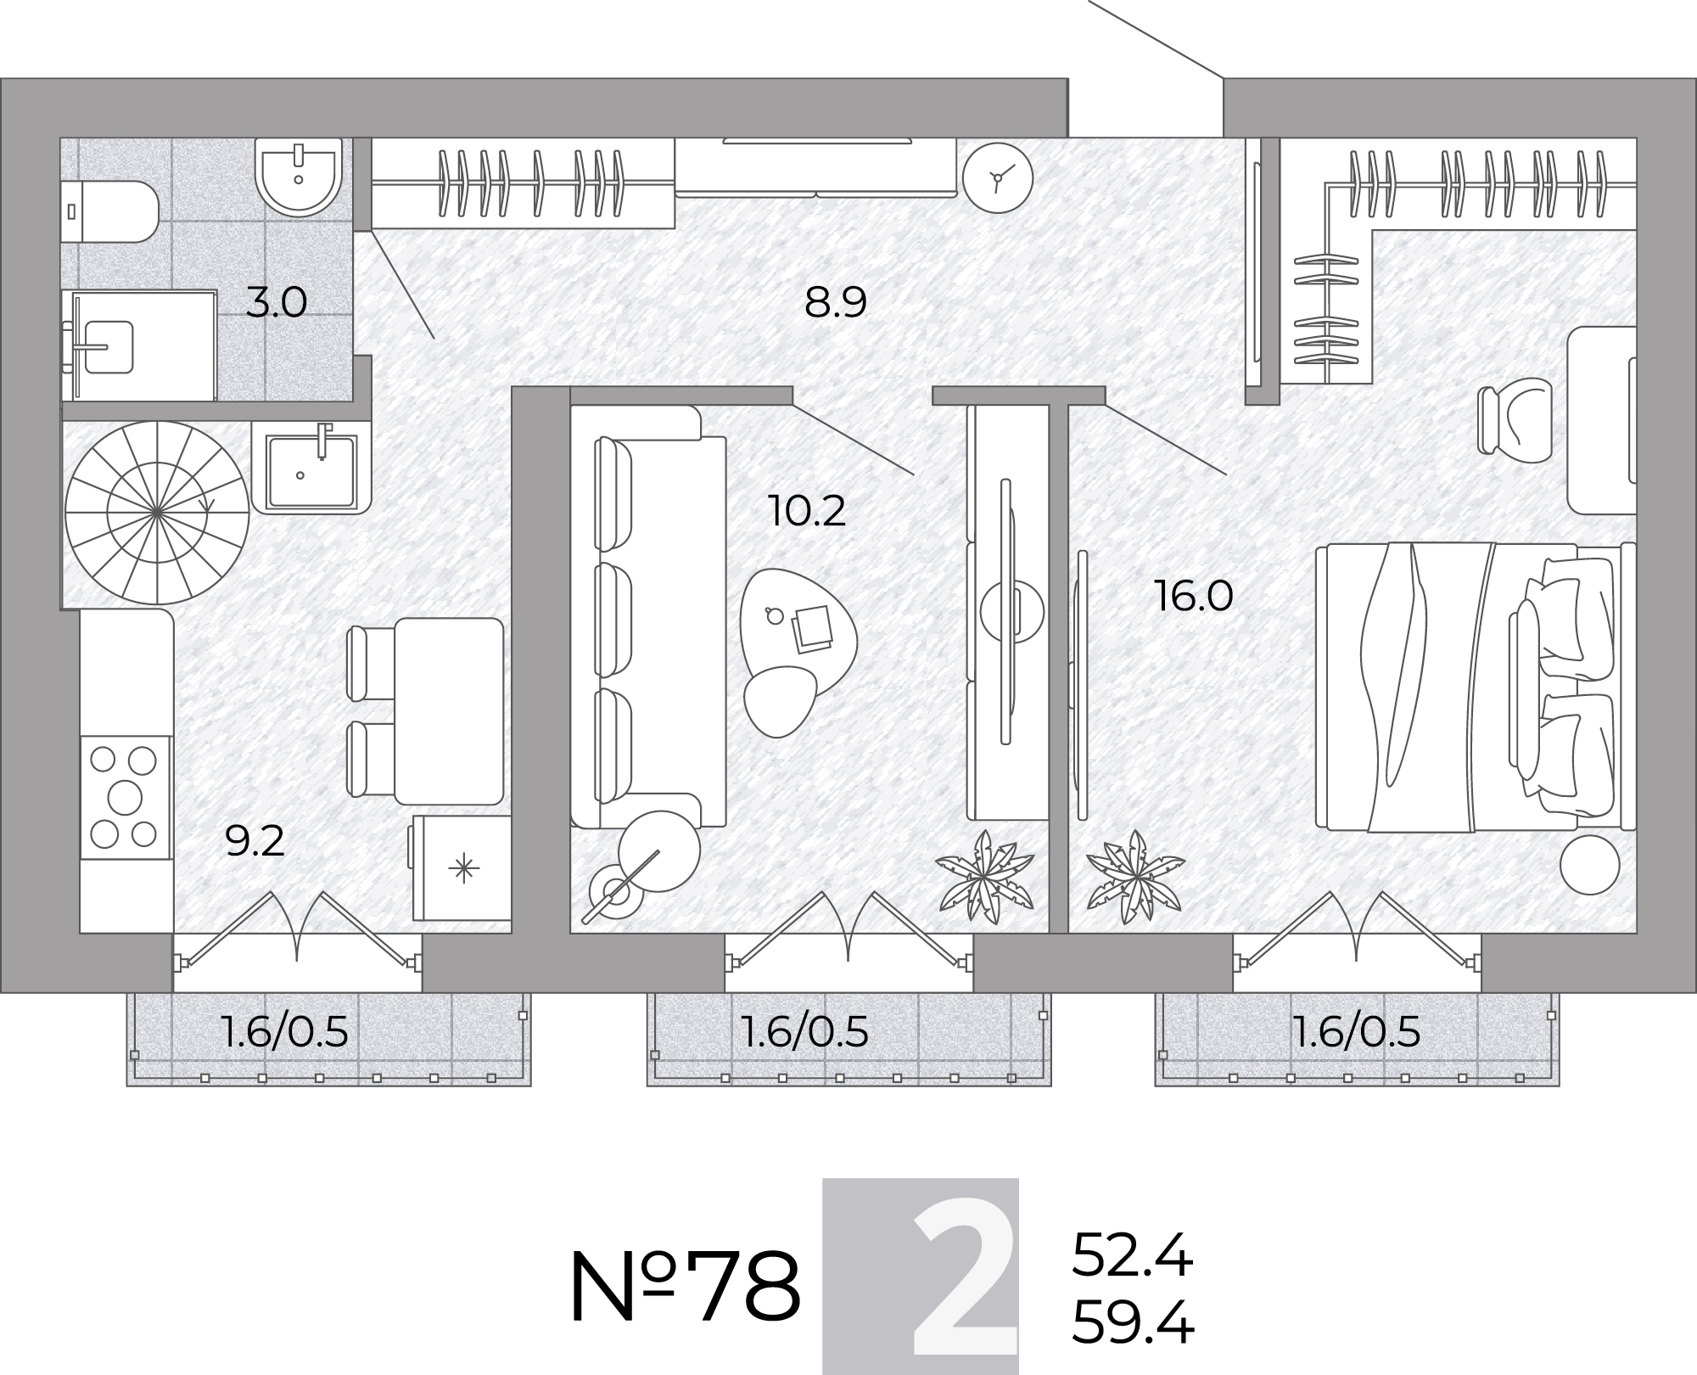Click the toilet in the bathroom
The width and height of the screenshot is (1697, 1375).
coord(110,211)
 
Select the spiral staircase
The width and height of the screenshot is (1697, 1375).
coord(157,513)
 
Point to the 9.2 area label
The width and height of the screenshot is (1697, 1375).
coord(255,841)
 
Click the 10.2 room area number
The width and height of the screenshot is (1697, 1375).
coord(807,511)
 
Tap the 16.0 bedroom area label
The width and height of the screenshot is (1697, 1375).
coord(1193,596)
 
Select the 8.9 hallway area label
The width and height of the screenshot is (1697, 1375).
coord(836,302)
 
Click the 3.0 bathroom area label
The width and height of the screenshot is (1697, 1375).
coord(276,302)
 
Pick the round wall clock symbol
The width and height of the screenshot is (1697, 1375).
coord(998,177)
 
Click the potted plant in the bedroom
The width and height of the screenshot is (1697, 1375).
coord(1135,878)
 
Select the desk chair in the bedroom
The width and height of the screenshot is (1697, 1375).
coord(1515,420)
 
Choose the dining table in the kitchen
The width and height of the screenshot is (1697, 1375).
coord(449,711)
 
